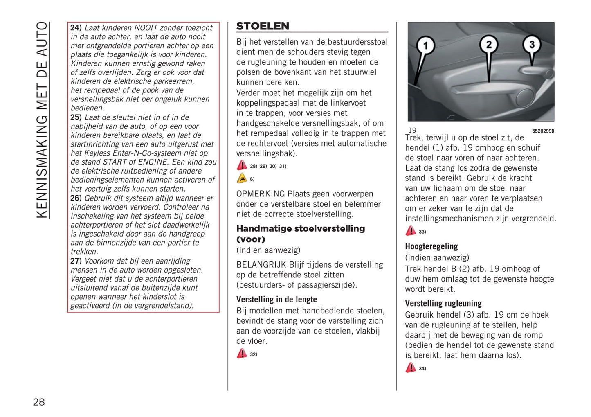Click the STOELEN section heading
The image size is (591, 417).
coord(263,26)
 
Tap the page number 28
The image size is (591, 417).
coord(39,402)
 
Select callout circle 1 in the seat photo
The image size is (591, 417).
coord(425,45)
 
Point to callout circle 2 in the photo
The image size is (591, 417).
coord(489,44)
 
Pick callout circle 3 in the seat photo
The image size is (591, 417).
coord(532,44)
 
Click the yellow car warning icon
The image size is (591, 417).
coord(242,179)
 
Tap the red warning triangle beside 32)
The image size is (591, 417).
coord(242,354)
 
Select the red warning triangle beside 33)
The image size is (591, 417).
coord(411,231)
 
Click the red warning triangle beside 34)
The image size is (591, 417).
coord(411,368)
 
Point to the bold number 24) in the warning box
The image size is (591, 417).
coord(76,28)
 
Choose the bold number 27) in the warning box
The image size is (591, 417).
coord(76,261)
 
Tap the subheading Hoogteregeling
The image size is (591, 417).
coord(431,246)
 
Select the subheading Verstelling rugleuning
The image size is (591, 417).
coord(443,303)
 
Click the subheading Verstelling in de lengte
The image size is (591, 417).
coord(276,299)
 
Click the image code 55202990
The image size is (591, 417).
coord(543,131)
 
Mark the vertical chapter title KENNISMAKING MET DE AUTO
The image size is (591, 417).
coord(42,120)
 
